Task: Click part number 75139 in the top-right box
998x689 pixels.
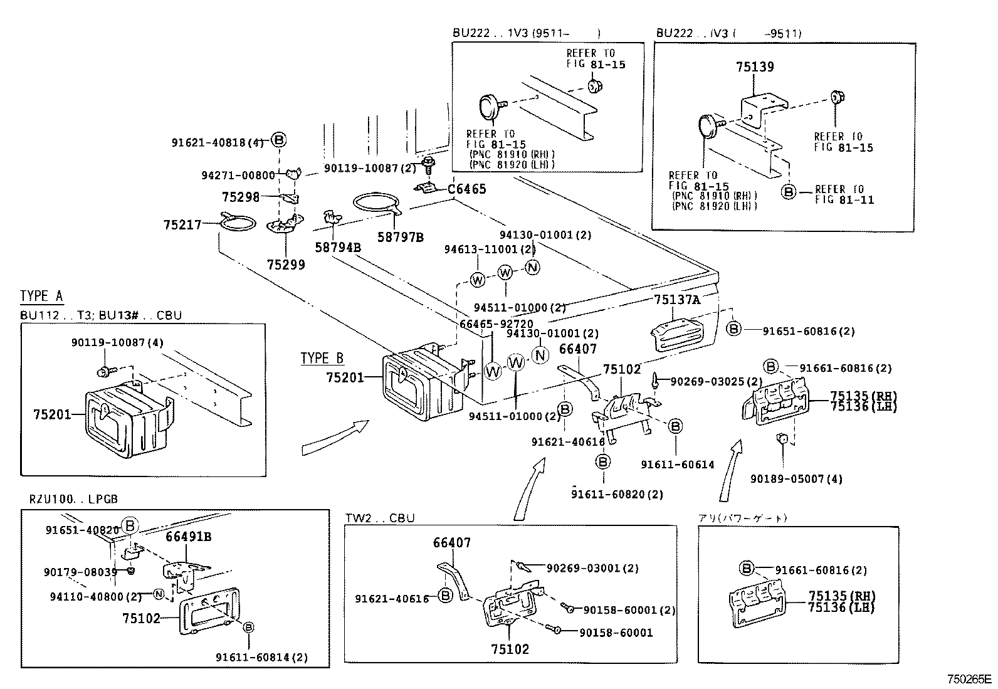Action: tap(755, 67)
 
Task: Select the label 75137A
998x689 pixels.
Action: tap(676, 300)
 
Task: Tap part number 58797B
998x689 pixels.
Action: tap(400, 237)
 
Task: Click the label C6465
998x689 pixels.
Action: tap(466, 189)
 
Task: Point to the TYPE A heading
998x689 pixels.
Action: tap(41, 296)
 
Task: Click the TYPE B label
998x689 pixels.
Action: tap(322, 359)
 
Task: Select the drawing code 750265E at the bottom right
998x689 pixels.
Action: tap(969, 679)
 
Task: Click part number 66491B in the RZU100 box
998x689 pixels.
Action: tap(188, 537)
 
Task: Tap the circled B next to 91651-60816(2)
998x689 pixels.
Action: tap(733, 328)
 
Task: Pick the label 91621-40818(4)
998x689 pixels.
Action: tap(218, 142)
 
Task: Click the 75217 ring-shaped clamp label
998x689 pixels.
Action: tap(182, 224)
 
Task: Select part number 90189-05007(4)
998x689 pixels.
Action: tap(796, 479)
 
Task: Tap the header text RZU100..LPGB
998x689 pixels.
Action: tap(73, 499)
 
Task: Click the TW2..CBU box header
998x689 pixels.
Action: tap(380, 518)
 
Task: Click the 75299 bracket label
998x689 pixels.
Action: tap(286, 265)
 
